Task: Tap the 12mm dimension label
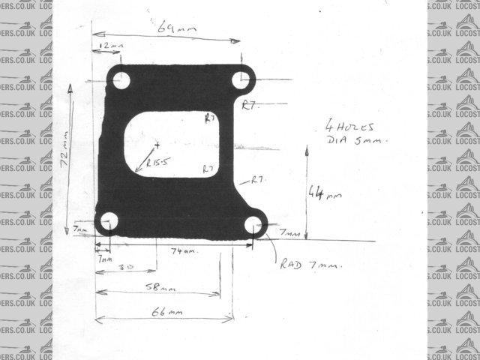tap(110, 46)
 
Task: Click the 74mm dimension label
tap(184, 250)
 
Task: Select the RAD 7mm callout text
tap(311, 265)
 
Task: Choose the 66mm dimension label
tap(166, 311)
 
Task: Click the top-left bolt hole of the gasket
tap(121, 79)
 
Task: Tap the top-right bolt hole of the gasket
tap(241, 79)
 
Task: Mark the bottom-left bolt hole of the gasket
tap(109, 220)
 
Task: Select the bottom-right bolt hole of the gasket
tap(253, 223)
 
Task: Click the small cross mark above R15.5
tap(157, 143)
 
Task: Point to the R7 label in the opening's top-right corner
tap(211, 118)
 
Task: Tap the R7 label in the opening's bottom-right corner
tap(209, 169)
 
